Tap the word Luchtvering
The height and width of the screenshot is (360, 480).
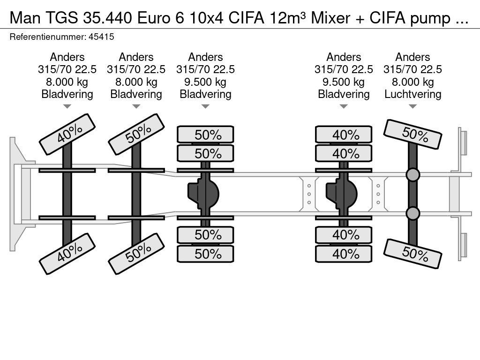(x=412, y=94)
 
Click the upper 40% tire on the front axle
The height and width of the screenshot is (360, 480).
(x=67, y=134)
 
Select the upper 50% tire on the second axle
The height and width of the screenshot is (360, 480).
(x=136, y=135)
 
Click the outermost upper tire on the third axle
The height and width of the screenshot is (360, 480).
(x=205, y=135)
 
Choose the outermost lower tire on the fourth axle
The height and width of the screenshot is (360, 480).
(x=344, y=254)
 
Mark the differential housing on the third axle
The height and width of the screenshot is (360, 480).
(x=204, y=192)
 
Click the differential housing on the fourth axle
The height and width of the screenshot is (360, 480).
(x=342, y=192)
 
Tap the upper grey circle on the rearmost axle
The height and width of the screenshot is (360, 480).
(x=412, y=175)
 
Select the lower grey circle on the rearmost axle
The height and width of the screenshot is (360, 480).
(x=412, y=214)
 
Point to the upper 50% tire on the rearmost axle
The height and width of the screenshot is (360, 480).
(x=413, y=135)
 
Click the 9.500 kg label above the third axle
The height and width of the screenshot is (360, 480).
(x=205, y=82)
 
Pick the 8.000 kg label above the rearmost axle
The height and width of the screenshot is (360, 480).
(x=412, y=82)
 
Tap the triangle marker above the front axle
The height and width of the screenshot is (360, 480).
(x=67, y=106)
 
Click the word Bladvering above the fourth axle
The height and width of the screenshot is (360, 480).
(x=344, y=94)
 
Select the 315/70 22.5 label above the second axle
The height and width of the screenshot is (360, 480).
(x=136, y=70)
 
